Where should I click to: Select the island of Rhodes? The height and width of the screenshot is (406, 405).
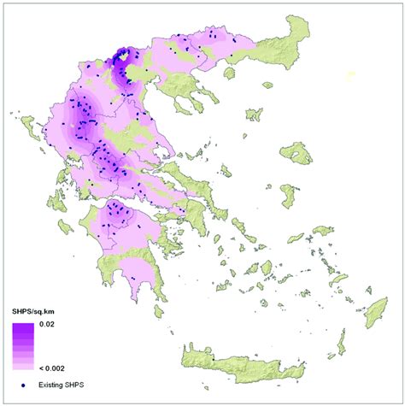click(x=376, y=315)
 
